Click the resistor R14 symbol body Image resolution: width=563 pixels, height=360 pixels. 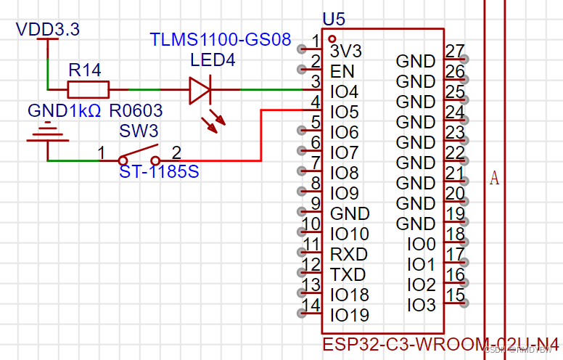88,90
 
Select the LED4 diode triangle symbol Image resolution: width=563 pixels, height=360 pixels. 200,90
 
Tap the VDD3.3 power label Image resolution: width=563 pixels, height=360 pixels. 48,30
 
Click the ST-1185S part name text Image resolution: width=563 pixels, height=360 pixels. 159,173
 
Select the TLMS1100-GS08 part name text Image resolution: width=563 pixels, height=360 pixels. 220,38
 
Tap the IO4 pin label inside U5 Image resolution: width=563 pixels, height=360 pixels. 344,92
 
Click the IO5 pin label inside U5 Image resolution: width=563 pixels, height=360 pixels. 344,112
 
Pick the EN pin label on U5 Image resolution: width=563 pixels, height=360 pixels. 342,72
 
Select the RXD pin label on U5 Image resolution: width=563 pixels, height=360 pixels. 348,255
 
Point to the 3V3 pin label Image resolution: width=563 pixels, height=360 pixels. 345,52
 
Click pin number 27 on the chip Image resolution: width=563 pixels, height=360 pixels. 455,51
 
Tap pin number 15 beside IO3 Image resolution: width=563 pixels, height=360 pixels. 455,295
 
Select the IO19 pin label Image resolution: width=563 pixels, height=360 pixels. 349,316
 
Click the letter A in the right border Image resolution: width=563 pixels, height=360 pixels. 495,179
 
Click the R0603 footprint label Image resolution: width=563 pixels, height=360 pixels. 136,111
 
